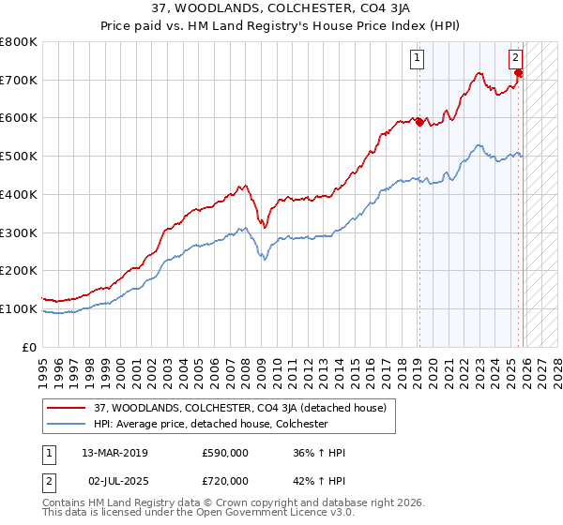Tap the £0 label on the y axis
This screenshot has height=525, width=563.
tap(30, 347)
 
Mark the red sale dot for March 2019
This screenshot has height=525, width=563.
tap(418, 122)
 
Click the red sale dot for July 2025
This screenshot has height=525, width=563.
tap(519, 73)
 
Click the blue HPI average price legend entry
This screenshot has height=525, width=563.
tap(210, 424)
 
